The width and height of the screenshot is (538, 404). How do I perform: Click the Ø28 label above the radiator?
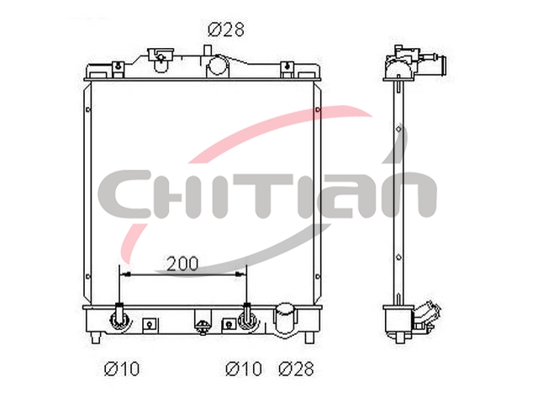[226, 29]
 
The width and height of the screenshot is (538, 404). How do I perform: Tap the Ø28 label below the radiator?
[296, 369]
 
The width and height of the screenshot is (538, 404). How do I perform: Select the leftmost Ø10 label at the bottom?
[122, 369]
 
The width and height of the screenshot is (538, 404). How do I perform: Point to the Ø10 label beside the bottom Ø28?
[243, 369]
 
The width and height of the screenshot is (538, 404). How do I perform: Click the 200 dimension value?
[182, 263]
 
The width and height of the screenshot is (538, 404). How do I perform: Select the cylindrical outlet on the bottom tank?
[285, 318]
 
